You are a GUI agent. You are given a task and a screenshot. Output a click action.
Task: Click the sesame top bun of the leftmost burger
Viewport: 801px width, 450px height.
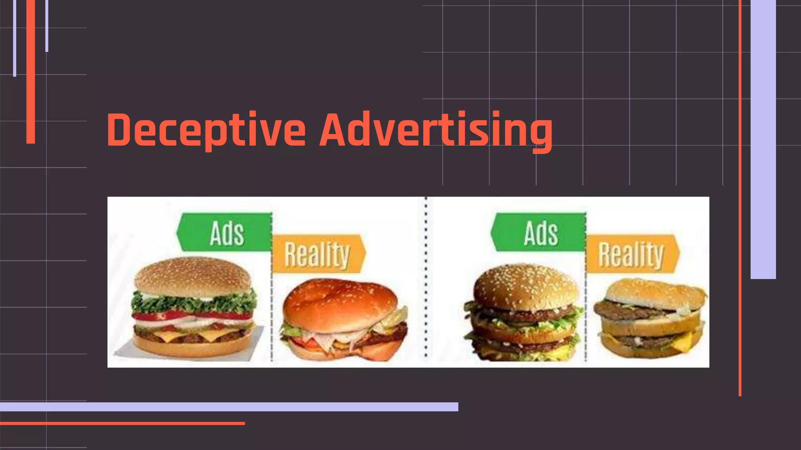tap(192, 275)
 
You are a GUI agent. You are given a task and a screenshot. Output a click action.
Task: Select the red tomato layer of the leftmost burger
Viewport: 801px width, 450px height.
tap(192, 315)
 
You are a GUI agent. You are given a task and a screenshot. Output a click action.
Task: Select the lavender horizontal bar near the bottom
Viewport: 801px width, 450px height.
tap(229, 407)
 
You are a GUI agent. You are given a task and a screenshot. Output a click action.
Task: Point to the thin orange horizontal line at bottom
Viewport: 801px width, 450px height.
tap(122, 423)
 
